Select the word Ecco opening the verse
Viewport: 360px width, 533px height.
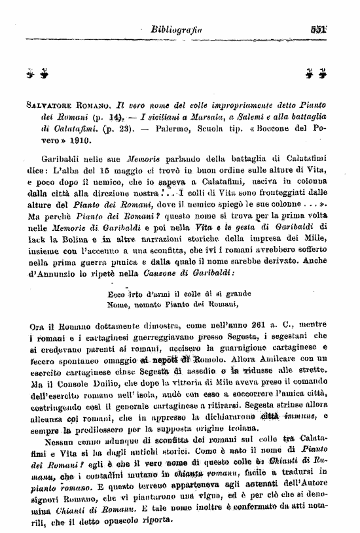click(118, 275)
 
